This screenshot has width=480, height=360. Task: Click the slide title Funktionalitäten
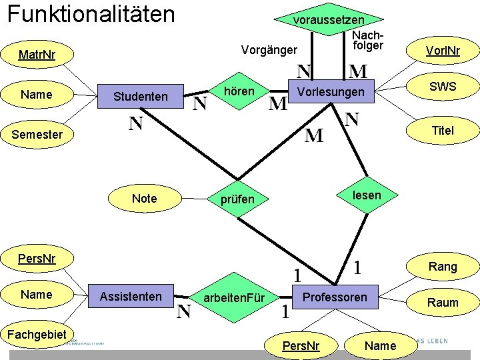[x=90, y=14]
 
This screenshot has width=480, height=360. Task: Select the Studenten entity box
[x=141, y=96]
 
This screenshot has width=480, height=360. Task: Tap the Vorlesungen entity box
[x=331, y=91]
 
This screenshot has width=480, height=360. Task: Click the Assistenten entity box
[x=131, y=296]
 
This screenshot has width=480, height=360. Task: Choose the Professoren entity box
[x=335, y=297]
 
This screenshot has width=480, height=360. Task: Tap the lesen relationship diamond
[x=367, y=195]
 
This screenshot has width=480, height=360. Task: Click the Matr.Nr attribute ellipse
[x=37, y=55]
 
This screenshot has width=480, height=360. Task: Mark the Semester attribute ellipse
[x=37, y=135]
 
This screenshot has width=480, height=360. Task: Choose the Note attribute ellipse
[x=144, y=198]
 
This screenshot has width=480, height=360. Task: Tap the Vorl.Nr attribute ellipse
[x=443, y=51]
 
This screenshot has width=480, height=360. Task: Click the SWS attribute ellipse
[x=443, y=87]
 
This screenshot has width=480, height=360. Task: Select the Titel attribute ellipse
[x=443, y=131]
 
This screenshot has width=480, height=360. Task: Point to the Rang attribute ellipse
[x=443, y=267]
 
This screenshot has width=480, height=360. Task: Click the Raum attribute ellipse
[x=443, y=303]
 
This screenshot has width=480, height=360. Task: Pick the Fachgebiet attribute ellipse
[x=37, y=334]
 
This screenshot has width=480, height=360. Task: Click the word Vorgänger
[x=269, y=50]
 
